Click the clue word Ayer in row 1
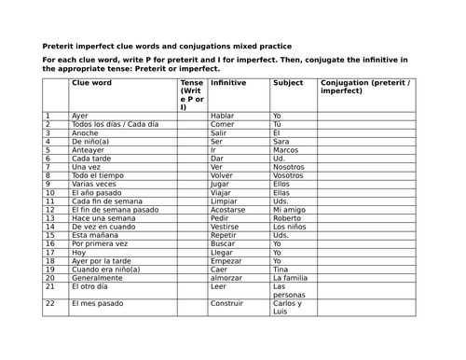pyautogui.click(x=80, y=116)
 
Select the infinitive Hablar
pyautogui.click(x=223, y=116)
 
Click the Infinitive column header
pyautogui.click(x=229, y=82)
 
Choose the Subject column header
pyautogui.click(x=288, y=82)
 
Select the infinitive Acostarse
pyautogui.click(x=228, y=210)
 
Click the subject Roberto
pyautogui.click(x=287, y=218)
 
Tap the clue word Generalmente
pyautogui.click(x=96, y=278)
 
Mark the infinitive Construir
pyautogui.click(x=227, y=303)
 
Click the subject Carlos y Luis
pyautogui.click(x=288, y=308)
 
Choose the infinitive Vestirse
pyautogui.click(x=226, y=227)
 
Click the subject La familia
pyautogui.click(x=291, y=278)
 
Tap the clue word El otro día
pyautogui.click(x=89, y=286)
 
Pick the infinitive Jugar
pyautogui.click(x=222, y=184)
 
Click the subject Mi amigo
pyautogui.click(x=289, y=210)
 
